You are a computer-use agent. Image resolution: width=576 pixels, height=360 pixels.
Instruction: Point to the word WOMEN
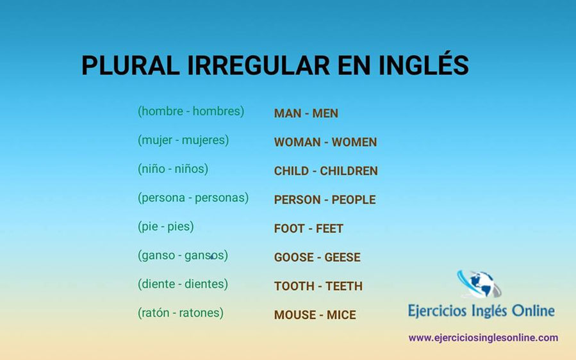coord(354,142)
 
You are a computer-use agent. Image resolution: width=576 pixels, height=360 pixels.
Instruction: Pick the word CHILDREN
coord(349,171)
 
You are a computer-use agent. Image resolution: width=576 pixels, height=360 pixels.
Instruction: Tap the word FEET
coord(330,229)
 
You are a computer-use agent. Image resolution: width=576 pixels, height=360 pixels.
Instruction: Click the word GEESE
coord(343,258)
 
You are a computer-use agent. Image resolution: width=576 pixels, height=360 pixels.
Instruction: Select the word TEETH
coord(344,286)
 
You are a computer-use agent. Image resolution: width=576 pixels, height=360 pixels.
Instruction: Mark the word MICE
coord(341,315)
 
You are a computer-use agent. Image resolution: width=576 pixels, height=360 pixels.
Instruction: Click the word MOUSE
coord(295,315)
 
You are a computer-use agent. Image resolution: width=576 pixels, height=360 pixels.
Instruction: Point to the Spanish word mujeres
coord(204,140)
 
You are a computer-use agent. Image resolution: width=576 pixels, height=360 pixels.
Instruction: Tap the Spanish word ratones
coord(201,313)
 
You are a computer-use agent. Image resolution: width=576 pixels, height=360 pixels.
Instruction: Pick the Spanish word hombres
coord(218,111)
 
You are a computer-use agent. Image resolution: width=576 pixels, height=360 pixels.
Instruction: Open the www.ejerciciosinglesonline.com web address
coord(483,338)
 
